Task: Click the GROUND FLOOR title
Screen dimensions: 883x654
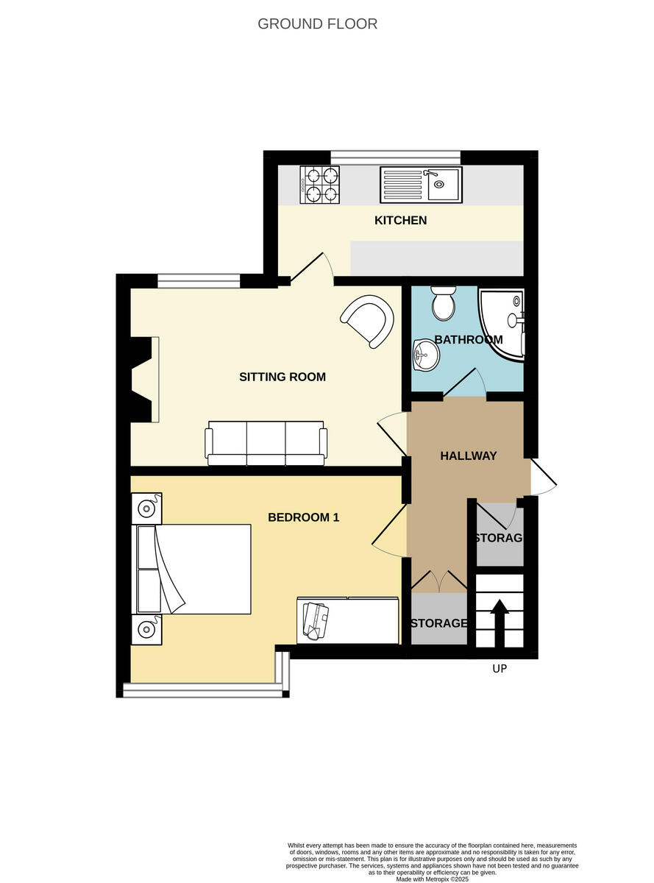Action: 317,24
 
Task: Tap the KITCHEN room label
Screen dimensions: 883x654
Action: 400,220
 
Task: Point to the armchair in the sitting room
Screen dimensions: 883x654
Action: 366,320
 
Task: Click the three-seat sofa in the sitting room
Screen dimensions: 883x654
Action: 266,444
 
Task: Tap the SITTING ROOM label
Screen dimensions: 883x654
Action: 282,377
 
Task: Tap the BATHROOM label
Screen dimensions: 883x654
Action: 468,339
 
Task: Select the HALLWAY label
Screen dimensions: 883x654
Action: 468,455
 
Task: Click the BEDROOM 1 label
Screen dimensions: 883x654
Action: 303,517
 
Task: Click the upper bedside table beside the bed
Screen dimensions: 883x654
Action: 146,508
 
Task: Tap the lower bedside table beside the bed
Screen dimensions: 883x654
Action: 146,629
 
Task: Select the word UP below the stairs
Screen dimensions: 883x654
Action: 500,669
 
